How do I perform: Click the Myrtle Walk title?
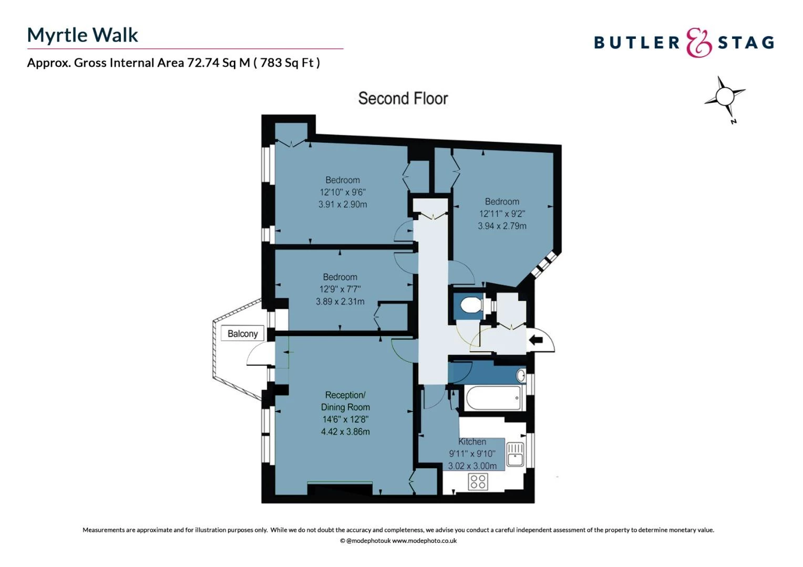(83, 35)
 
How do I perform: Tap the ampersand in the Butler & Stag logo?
(698, 43)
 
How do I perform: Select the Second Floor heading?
(403, 99)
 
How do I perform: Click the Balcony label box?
(242, 333)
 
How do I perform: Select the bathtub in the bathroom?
(493, 397)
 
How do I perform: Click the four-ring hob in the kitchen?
(478, 481)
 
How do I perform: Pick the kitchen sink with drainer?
(516, 454)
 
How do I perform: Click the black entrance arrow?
(536, 340)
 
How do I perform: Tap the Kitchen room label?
(472, 442)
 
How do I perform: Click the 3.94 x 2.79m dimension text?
(502, 226)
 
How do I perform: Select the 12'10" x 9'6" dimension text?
(342, 192)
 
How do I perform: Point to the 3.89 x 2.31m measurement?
(340, 301)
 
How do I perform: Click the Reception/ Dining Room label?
(345, 401)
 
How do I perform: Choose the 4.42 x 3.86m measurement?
(345, 431)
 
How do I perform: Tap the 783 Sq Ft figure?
(287, 62)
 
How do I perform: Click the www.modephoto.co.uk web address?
(424, 541)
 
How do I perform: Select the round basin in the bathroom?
(521, 376)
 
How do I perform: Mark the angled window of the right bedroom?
(544, 264)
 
